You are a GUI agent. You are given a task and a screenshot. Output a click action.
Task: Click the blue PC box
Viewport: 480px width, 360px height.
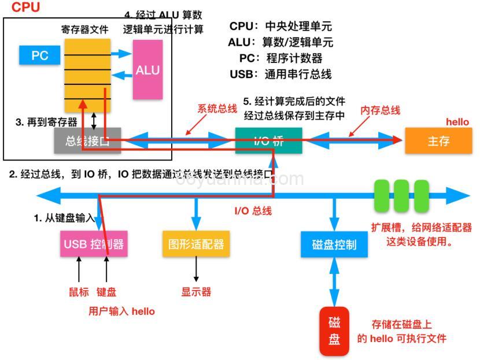pos(39,55)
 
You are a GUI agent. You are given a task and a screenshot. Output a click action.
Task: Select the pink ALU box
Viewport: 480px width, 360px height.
pos(147,70)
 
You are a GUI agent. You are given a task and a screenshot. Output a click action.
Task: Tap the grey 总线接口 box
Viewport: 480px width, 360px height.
pos(87,140)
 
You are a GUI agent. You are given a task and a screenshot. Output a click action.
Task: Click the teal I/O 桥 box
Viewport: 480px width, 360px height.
pos(268,140)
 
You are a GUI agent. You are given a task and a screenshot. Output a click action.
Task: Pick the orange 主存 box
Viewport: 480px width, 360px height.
pos(438,141)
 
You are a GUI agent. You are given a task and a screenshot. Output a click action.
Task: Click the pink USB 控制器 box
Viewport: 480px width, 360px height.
pos(94,244)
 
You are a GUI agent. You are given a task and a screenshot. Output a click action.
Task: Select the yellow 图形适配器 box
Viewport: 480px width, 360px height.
pos(195,244)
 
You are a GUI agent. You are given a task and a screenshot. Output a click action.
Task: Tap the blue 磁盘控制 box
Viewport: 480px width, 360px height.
pos(334,244)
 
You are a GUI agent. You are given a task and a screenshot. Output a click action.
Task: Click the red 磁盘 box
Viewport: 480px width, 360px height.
pos(334,331)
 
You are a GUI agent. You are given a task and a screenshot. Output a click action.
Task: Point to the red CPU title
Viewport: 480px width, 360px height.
pos(26,7)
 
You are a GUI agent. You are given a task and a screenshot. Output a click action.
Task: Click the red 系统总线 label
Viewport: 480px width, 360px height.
pos(217,108)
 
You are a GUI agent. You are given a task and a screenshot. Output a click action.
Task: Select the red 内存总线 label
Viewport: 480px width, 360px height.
pos(380,110)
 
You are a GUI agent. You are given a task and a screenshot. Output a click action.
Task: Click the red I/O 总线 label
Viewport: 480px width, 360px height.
pos(253,211)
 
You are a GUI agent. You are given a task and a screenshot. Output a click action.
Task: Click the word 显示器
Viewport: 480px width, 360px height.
pos(196,292)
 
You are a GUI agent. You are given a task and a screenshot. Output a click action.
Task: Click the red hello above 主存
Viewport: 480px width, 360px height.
pos(457,122)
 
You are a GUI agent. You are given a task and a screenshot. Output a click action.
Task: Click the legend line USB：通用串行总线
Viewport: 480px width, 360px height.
pos(280,74)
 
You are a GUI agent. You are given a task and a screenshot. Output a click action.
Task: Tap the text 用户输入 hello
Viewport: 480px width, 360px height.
pos(121,311)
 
